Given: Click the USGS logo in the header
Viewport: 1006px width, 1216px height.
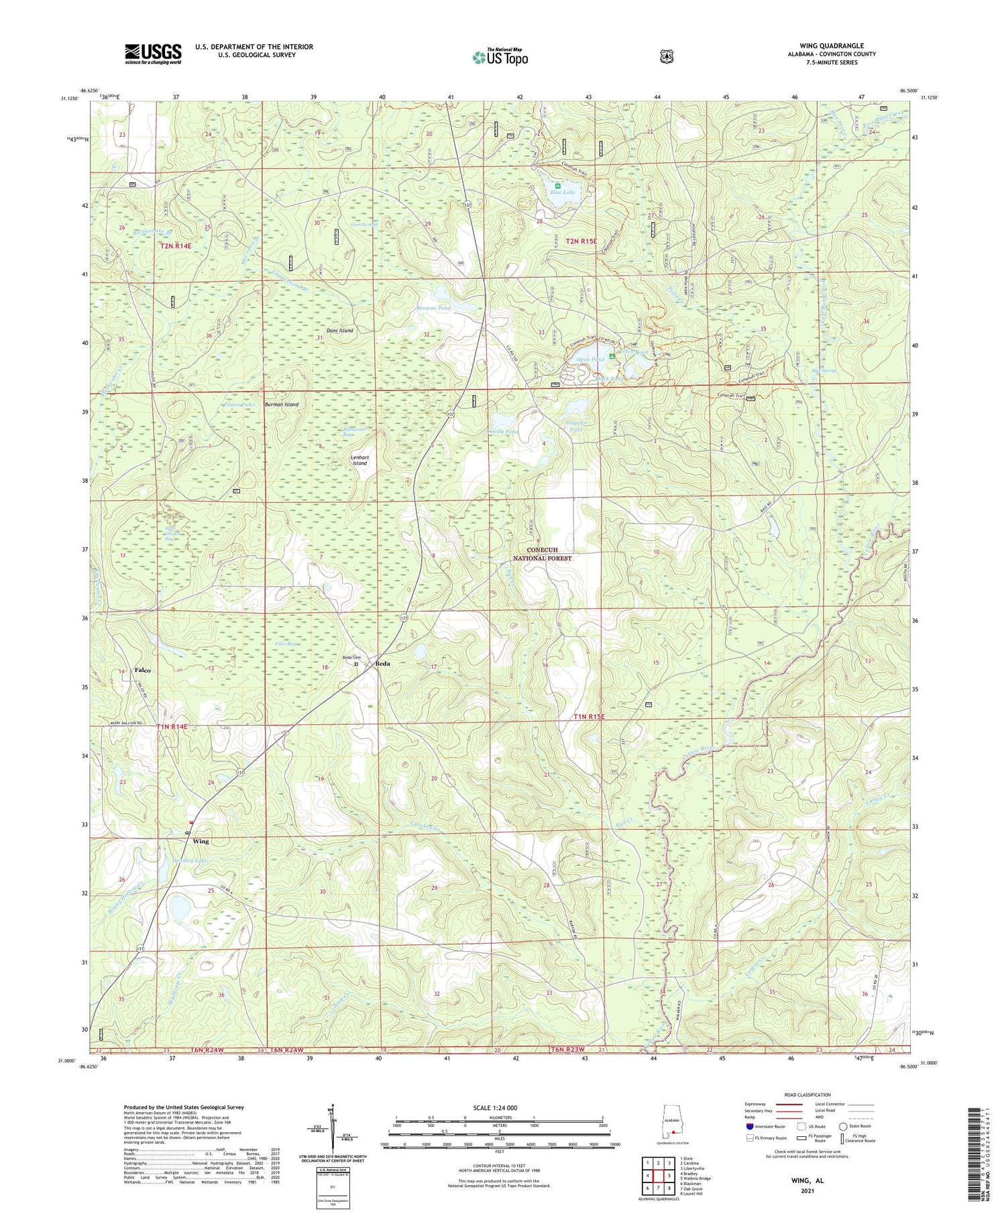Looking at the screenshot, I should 153,54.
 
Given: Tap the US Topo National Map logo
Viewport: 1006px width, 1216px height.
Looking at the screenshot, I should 500,58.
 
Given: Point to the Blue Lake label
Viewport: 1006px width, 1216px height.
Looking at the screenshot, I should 563,192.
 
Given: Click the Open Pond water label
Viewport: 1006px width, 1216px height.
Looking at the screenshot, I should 591,360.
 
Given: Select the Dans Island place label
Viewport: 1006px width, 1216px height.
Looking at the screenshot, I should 339,331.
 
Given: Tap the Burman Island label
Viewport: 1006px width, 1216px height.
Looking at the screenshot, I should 281,405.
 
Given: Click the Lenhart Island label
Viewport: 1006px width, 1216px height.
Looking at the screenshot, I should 360,459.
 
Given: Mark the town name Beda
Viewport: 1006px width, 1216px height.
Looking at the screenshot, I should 383,663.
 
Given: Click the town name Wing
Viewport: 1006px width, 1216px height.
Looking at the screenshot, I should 201,841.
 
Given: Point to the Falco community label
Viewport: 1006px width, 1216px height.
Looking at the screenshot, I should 142,670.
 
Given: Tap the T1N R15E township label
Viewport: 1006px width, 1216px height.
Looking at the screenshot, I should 589,716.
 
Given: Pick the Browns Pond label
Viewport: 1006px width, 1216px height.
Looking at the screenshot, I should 433,308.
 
